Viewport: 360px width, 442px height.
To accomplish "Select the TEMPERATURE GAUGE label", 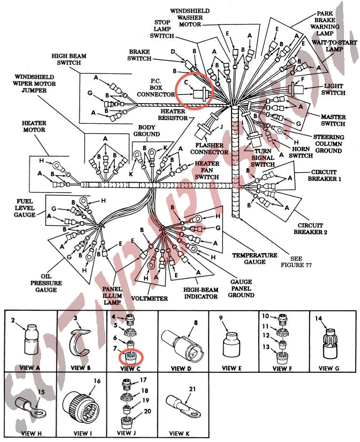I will (x=255, y=258).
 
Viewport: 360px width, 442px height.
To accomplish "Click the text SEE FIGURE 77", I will (x=296, y=262).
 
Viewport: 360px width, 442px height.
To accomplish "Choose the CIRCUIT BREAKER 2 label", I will (x=310, y=228).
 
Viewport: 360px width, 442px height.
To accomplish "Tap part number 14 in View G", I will (x=318, y=319).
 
